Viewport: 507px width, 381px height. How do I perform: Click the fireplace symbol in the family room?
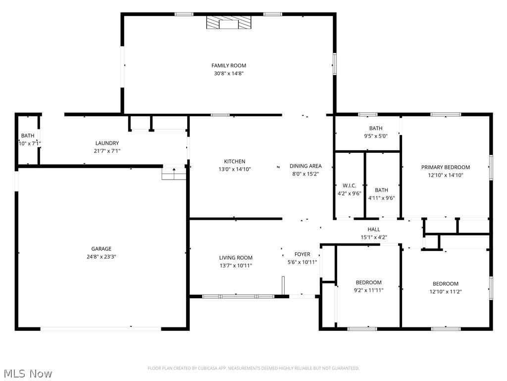point(228,23)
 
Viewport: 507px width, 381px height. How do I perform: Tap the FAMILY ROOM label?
point(228,65)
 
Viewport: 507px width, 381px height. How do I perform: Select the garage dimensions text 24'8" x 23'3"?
point(101,256)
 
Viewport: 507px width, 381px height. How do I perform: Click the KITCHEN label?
point(234,161)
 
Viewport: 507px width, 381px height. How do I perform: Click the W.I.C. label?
point(349,186)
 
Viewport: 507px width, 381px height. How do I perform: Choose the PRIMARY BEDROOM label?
point(445,167)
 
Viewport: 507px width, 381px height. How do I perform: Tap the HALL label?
point(374,229)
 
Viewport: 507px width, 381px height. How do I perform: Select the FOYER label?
point(302,254)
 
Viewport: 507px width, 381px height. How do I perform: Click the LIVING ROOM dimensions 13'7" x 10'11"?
point(236,265)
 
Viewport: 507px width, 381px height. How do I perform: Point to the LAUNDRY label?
point(107,143)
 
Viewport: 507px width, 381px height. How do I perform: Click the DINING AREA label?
point(305,166)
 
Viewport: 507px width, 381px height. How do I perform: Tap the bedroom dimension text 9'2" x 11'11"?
point(368,290)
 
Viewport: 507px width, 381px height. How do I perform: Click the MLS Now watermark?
point(27,373)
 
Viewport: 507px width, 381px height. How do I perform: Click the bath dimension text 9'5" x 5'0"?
point(375,136)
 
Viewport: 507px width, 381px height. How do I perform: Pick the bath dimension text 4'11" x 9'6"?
point(381,197)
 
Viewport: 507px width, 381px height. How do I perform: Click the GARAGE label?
point(101,249)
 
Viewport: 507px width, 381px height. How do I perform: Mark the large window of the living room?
point(238,296)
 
